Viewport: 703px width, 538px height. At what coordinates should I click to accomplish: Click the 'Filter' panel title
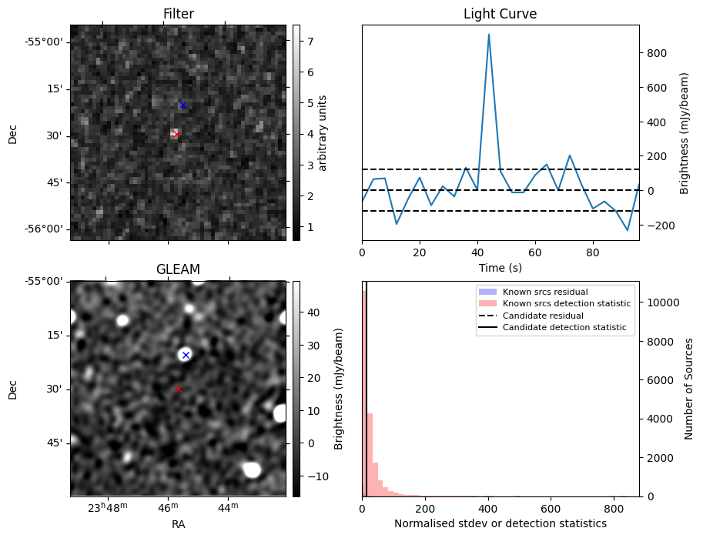pos(178,14)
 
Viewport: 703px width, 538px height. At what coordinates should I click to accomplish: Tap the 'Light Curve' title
pos(500,14)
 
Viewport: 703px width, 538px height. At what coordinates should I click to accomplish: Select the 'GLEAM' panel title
pos(178,269)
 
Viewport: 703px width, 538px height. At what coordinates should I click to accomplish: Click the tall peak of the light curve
pos(489,35)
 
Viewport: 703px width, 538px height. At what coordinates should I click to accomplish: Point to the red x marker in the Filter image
pos(176,134)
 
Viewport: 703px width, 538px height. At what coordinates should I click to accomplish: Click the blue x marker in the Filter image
pos(182,105)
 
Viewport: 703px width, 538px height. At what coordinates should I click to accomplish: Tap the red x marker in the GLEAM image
pos(178,389)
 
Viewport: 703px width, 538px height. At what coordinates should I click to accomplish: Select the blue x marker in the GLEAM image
pos(186,355)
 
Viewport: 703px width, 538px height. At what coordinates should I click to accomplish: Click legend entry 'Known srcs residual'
pos(544,292)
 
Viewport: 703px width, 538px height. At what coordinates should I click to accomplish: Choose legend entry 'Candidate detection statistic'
pos(564,328)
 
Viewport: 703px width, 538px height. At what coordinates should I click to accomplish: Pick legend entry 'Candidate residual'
pos(543,316)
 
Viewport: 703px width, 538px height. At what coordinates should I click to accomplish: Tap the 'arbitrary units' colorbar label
pos(323,132)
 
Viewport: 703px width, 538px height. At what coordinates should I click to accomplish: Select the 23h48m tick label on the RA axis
pos(107,509)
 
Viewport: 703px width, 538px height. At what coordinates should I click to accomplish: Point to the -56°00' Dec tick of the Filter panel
pos(47,229)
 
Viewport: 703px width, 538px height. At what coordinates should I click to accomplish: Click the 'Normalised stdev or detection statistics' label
pos(500,523)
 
